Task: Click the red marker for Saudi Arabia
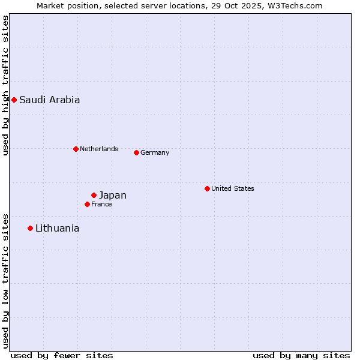pyautogui.click(x=14, y=100)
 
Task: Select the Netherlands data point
pyautogui.click(x=76, y=149)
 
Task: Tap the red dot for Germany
pyautogui.click(x=136, y=152)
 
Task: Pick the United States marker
pyautogui.click(x=207, y=188)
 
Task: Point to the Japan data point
pyautogui.click(x=94, y=195)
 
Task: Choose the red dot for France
pyautogui.click(x=87, y=204)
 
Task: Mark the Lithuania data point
pyautogui.click(x=30, y=228)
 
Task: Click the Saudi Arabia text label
pyautogui.click(x=49, y=100)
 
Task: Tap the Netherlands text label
pyautogui.click(x=99, y=149)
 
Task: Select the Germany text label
pyautogui.click(x=155, y=152)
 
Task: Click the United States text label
pyautogui.click(x=233, y=188)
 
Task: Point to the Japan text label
pyautogui.click(x=113, y=195)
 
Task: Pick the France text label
pyautogui.click(x=101, y=204)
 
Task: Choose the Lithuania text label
pyautogui.click(x=57, y=228)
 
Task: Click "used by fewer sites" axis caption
pyautogui.click(x=62, y=355)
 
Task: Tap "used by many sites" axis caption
pyautogui.click(x=301, y=355)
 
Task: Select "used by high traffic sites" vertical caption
pyautogui.click(x=5, y=85)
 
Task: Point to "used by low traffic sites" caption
pyautogui.click(x=5, y=281)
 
